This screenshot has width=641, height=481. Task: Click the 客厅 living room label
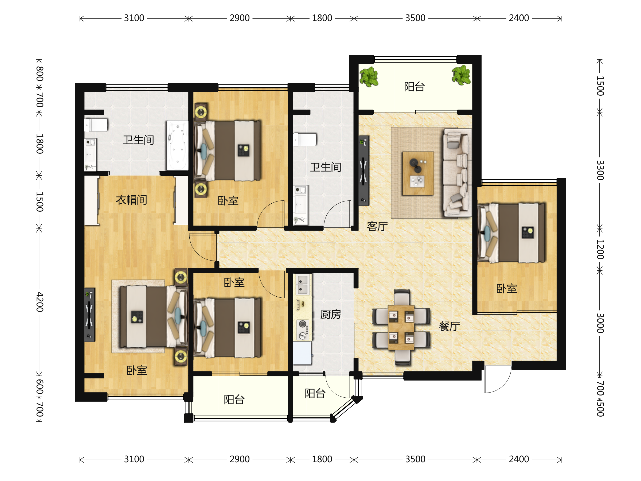click(x=377, y=226)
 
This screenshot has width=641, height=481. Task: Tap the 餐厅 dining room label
click(x=449, y=326)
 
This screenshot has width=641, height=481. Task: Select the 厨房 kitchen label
click(x=331, y=314)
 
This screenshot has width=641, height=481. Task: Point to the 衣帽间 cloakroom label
click(x=131, y=200)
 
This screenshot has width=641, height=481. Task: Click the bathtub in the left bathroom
click(x=177, y=145)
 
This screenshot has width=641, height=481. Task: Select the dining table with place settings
click(x=401, y=328)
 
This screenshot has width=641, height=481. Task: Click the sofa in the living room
click(x=457, y=173)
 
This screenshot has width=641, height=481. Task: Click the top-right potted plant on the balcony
click(x=461, y=75)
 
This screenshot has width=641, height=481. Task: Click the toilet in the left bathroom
click(x=96, y=125)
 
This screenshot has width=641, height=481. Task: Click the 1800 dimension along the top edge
click(x=322, y=18)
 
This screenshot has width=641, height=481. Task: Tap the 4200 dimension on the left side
click(x=40, y=302)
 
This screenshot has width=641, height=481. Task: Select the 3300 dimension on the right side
click(x=600, y=170)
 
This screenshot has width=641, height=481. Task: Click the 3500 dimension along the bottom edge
click(x=415, y=459)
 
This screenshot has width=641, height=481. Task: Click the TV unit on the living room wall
click(x=364, y=170)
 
